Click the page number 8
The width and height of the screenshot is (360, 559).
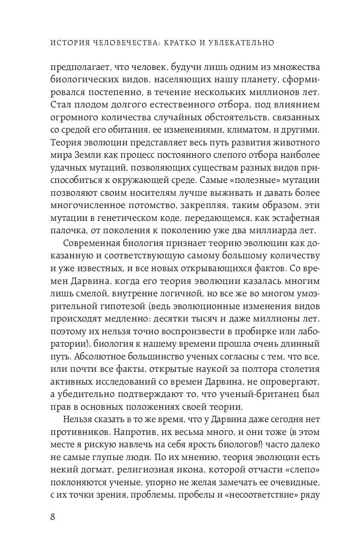pos(53,517)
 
